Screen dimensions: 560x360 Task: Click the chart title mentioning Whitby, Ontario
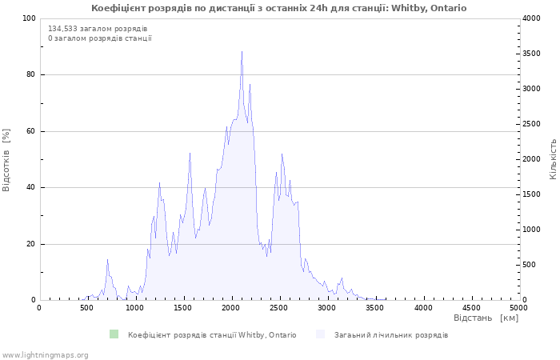click(x=279, y=8)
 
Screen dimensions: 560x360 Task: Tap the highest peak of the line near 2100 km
click(x=242, y=51)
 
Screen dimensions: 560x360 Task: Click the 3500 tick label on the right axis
click(x=532, y=54)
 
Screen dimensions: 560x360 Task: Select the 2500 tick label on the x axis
click(x=279, y=307)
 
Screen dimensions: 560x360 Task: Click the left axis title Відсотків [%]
click(x=6, y=160)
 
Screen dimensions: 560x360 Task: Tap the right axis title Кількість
click(x=553, y=159)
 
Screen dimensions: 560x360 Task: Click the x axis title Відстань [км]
click(x=486, y=318)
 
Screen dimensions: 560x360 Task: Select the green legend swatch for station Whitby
click(x=114, y=334)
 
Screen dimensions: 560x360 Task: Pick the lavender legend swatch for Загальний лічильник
click(x=320, y=334)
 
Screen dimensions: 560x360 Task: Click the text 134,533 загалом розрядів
click(x=98, y=29)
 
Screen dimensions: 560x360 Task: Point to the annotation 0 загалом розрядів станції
click(x=100, y=38)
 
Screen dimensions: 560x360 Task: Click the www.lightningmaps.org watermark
click(x=44, y=355)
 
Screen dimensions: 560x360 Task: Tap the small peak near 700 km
click(x=107, y=260)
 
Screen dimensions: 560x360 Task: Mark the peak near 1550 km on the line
click(x=190, y=154)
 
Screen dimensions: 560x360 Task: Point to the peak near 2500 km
click(x=282, y=154)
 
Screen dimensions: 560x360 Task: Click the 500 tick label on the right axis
click(x=530, y=265)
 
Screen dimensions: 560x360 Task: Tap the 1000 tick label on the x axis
click(x=135, y=307)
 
